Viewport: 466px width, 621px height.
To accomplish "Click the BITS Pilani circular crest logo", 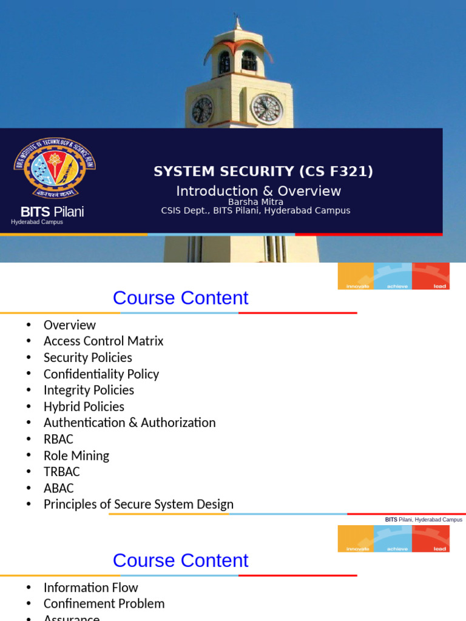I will point(55,168).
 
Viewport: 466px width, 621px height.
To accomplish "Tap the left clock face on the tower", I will point(202,110).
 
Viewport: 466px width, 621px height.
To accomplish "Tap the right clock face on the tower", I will point(267,109).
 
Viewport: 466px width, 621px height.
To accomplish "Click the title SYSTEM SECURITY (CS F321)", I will point(263,172).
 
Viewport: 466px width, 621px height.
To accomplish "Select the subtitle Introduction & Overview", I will point(258,191).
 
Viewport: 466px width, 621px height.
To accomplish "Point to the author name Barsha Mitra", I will point(255,202).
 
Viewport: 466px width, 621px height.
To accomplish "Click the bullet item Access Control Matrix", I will point(103,341).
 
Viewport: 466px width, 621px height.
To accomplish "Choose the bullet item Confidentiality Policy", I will point(101,374).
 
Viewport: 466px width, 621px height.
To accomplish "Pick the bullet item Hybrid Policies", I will point(84,406).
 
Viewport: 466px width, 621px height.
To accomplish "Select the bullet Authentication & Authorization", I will point(129,423).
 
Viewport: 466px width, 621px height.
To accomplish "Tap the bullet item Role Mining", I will point(76,455).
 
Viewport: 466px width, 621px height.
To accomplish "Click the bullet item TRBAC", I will point(61,472).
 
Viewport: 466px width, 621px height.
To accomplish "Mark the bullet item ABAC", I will point(58,488).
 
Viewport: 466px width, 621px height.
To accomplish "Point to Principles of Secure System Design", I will point(138,505).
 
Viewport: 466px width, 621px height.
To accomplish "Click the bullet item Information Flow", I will point(90,588).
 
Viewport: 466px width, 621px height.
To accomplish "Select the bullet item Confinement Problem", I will point(104,604).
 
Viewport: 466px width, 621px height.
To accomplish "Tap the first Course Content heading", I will point(180,298).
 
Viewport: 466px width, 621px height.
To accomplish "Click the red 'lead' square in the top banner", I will point(431,276).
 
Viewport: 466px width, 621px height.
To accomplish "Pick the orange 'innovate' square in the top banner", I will point(356,276).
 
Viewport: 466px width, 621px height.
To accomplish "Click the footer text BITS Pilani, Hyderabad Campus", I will point(424,520).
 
